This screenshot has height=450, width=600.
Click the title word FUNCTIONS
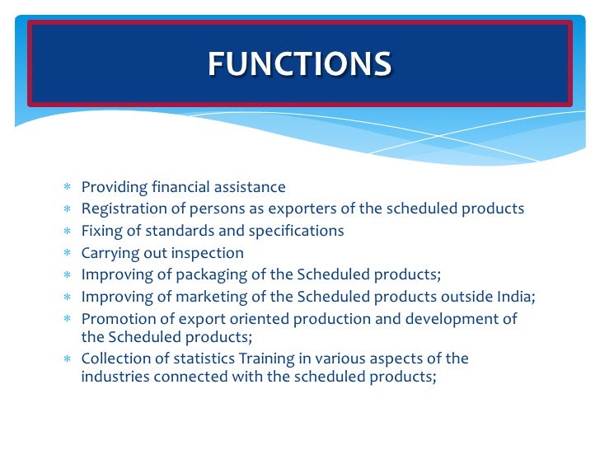click(299, 63)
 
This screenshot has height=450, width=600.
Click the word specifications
click(298, 231)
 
